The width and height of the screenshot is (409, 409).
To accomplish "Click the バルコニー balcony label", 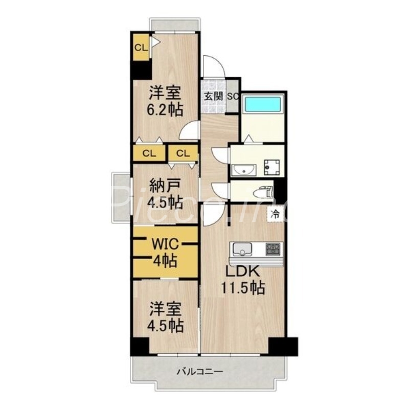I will coord(200,372).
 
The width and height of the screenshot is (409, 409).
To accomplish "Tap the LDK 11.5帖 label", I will coord(242,280).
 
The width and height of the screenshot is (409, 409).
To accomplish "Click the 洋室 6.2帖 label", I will coord(166,102).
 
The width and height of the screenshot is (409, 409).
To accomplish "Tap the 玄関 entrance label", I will coord(213,96).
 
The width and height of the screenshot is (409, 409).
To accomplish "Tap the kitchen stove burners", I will coord(274,249).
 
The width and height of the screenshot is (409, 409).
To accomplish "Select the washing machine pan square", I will coord(270,166).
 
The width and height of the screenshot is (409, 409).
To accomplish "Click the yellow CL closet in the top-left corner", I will coord(141,48).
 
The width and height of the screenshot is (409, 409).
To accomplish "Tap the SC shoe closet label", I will coord(233,96).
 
